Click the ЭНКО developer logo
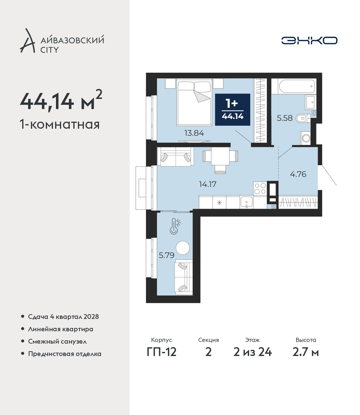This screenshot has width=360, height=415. click(309, 40)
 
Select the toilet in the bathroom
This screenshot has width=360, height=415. click(303, 119)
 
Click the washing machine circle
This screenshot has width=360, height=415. click(306, 138)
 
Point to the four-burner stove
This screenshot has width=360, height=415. click(260, 188)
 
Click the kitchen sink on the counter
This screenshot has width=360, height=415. click(246, 202)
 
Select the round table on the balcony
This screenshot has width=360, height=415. click(183, 248)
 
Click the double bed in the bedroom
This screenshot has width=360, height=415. click(194, 102)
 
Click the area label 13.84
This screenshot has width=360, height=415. click(194, 133)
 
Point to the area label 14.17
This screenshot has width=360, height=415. click(208, 184)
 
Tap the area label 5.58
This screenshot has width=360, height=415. click(285, 118)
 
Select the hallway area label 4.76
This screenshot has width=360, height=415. click(298, 174)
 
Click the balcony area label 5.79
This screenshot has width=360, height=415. click(166, 255)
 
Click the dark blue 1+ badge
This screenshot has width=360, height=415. click(233, 110)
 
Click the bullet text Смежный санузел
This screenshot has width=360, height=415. click(57, 341)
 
